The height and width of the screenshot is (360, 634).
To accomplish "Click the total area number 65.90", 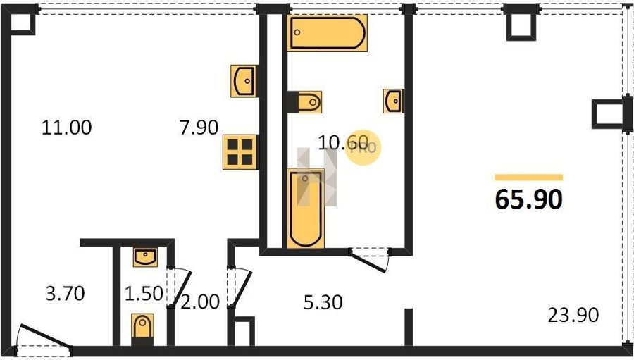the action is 529,199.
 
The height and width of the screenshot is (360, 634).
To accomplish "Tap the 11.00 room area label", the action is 66,128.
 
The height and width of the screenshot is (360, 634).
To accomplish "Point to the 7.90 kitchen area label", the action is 199,128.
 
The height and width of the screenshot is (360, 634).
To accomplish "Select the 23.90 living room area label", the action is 573,315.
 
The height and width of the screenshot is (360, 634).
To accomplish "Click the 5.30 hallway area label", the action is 323,302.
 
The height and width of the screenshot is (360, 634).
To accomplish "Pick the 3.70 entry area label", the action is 65,293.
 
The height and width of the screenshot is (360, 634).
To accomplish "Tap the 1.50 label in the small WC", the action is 144,293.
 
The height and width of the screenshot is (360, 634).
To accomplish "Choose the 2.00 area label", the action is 200,302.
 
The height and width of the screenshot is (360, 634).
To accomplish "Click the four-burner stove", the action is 240,151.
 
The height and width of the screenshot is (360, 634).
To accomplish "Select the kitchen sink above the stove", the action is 244,81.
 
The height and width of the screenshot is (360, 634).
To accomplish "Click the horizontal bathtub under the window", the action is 328,33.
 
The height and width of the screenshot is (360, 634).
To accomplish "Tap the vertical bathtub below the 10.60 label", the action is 306,209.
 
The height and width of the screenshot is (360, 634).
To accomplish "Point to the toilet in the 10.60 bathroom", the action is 307,102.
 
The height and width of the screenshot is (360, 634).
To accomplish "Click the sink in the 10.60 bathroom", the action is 393,101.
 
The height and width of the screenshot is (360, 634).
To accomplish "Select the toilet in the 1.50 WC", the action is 142,329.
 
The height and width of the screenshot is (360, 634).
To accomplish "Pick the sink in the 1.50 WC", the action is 145,257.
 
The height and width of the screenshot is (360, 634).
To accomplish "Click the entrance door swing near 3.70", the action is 45,337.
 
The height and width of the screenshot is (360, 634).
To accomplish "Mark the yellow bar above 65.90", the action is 529,177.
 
